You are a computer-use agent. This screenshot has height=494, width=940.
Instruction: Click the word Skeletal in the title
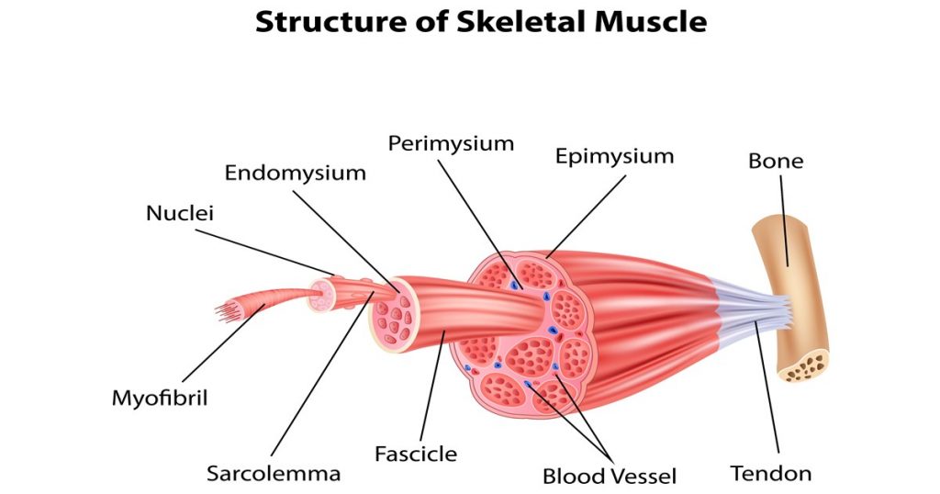tap(521, 22)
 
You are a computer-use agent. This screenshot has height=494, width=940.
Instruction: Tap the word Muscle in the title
tap(651, 22)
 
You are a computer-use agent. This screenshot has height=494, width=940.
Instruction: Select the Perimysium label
tap(451, 144)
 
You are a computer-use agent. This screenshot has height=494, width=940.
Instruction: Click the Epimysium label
tap(614, 156)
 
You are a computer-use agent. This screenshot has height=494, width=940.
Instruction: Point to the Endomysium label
tap(295, 174)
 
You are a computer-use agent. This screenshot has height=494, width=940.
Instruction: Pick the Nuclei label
tap(180, 213)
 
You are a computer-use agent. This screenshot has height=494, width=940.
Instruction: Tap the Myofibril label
tap(160, 399)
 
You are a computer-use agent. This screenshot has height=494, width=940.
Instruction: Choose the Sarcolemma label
tap(274, 474)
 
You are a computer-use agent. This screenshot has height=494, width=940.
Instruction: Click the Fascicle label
tap(416, 454)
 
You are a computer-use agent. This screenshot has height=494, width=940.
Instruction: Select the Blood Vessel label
tap(610, 477)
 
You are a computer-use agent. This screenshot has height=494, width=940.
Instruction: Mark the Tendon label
tap(771, 474)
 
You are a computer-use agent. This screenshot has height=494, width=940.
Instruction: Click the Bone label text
tap(776, 161)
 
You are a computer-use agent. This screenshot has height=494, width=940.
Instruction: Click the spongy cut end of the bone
tap(805, 366)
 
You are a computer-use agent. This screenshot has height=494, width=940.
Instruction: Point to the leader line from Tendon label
tap(767, 387)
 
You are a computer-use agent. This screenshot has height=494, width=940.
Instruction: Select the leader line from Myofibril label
tap(223, 342)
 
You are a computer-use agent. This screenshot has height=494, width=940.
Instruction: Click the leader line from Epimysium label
tap(587, 217)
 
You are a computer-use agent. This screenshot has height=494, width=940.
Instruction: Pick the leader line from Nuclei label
tap(265, 253)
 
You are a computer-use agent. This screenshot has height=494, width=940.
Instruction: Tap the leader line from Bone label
tap(784, 220)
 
